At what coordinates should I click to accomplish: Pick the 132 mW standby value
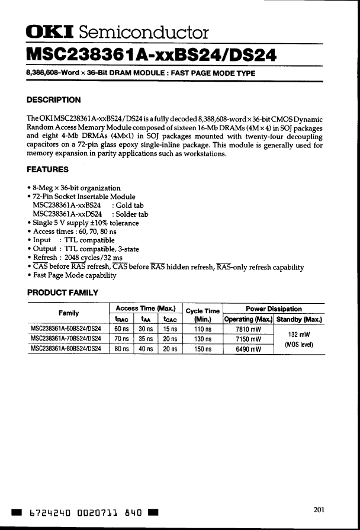click(299, 334)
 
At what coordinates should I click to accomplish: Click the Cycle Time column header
click(202, 311)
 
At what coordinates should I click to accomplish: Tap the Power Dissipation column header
click(274, 309)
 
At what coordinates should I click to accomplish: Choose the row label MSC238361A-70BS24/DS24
click(66, 339)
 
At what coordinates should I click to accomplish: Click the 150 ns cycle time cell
click(202, 349)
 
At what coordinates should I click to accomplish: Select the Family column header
click(69, 313)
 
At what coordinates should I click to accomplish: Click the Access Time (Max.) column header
click(145, 308)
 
